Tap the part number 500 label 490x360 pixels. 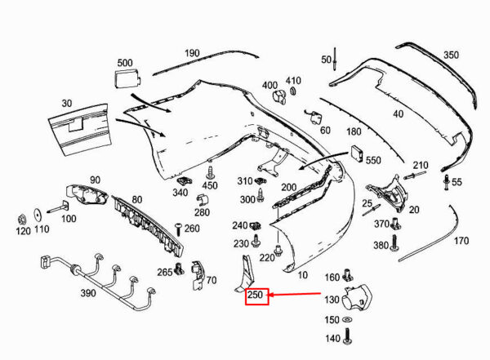click(x=125, y=63)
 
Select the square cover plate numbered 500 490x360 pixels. click(x=127, y=78)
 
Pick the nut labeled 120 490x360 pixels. click(x=22, y=220)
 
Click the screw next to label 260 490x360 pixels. click(x=179, y=229)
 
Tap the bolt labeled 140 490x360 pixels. click(x=347, y=336)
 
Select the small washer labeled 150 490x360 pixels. click(x=346, y=320)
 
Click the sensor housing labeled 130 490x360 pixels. click(x=356, y=296)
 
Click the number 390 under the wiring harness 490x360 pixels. click(x=88, y=293)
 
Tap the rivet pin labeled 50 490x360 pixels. click(x=335, y=59)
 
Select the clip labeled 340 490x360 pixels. click(x=184, y=180)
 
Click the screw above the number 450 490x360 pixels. click(x=210, y=172)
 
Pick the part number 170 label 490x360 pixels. click(x=461, y=241)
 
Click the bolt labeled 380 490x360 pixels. click(x=394, y=243)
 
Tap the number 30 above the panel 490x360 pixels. click(x=67, y=103)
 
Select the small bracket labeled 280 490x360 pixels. click(x=203, y=200)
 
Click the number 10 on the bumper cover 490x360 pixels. click(x=302, y=275)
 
